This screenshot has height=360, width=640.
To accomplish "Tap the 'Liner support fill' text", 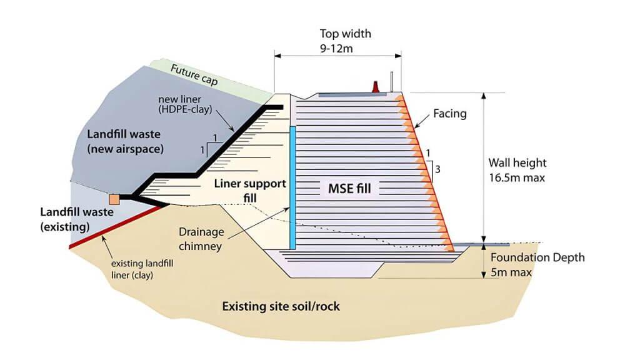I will click(x=249, y=191).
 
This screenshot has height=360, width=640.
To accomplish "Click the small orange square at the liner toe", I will click(x=114, y=199).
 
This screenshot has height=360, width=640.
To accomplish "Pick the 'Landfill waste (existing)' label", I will click(x=79, y=219).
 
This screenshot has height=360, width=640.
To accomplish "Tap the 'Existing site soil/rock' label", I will click(x=281, y=307).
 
